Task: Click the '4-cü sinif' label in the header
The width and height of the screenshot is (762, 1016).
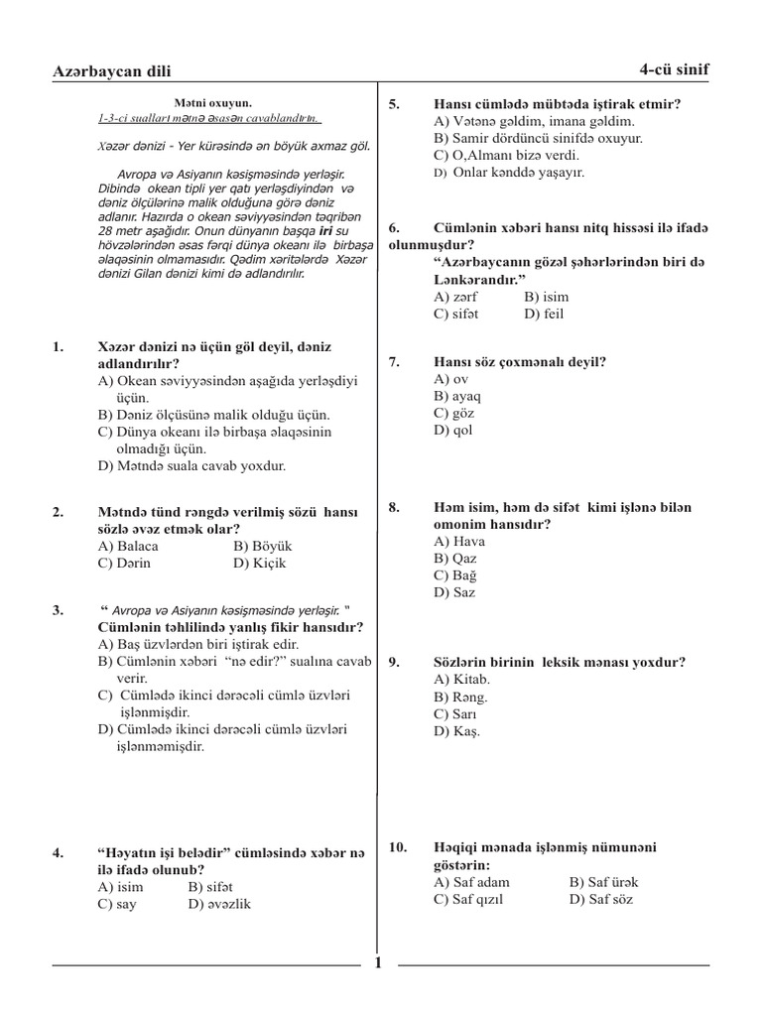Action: pyautogui.click(x=675, y=68)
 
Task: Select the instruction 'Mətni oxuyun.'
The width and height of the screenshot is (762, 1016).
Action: pyautogui.click(x=213, y=102)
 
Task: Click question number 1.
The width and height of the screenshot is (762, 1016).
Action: pyautogui.click(x=58, y=346)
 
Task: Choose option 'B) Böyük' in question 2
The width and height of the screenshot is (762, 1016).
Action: pyautogui.click(x=263, y=546)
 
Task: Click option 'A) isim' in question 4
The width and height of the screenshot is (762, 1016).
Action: pyautogui.click(x=120, y=887)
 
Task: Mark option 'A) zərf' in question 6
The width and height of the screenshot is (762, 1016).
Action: pyautogui.click(x=455, y=296)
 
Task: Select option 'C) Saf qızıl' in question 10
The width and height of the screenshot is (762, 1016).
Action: pyautogui.click(x=469, y=899)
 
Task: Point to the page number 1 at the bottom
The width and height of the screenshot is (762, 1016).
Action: pyautogui.click(x=378, y=961)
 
